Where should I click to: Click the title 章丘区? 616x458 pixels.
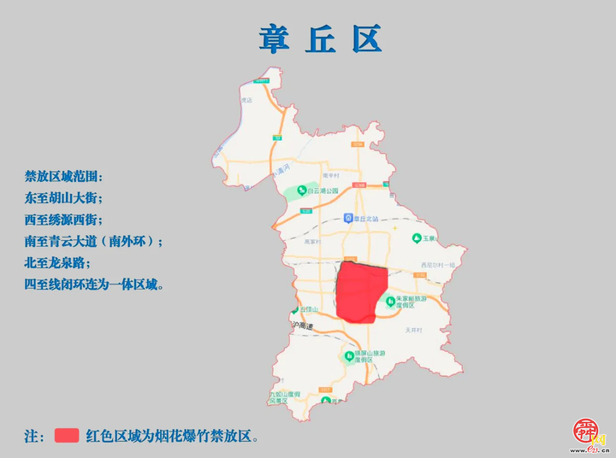click(321, 38)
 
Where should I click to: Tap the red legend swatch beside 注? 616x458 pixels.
click(67, 435)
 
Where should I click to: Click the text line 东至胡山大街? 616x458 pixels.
click(64, 198)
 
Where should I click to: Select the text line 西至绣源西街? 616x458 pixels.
click(64, 220)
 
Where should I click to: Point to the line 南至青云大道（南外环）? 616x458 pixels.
click(93, 241)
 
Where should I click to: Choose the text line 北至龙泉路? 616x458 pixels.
click(58, 262)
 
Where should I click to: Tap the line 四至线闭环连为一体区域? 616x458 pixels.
click(94, 284)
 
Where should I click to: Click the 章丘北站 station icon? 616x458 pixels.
click(347, 218)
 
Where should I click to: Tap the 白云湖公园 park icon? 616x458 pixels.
click(301, 190)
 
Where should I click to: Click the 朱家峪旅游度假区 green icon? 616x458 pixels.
click(389, 301)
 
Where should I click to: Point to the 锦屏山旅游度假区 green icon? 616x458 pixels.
click(348, 355)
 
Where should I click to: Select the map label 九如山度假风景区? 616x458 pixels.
click(282, 396)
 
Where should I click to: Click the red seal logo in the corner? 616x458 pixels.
click(586, 435)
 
